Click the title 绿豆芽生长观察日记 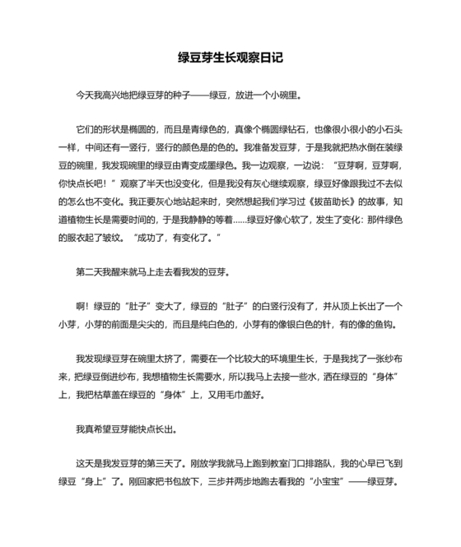[x=230, y=58]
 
